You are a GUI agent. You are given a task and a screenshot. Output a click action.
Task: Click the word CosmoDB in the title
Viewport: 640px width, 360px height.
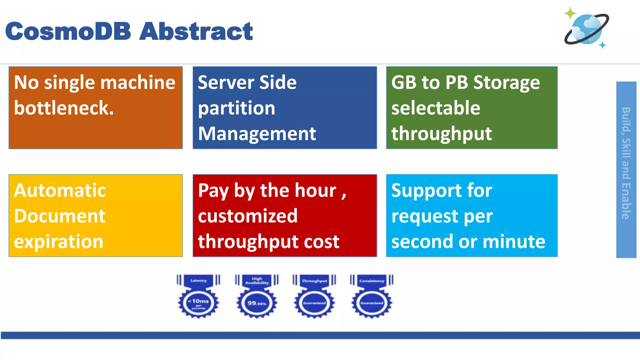tap(68, 31)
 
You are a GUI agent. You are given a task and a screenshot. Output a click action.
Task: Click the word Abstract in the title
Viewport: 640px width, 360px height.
tap(196, 31)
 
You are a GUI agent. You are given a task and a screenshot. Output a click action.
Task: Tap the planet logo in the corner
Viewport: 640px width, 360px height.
tap(587, 29)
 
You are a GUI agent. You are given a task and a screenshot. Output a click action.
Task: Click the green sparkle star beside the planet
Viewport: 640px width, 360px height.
tap(570, 13)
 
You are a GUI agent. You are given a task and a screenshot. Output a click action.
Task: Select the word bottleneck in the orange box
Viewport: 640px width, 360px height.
tap(64, 108)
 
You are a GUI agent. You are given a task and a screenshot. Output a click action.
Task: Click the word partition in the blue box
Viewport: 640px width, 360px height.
tap(237, 108)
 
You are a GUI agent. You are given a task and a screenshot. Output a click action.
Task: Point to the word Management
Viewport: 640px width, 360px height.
tap(257, 134)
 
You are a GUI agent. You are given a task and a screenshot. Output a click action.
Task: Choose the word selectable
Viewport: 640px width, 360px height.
tap(436, 108)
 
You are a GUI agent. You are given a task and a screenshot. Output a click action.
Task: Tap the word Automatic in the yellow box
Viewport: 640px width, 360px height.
tap(60, 191)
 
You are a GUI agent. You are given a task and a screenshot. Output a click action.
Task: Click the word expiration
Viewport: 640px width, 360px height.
tap(59, 242)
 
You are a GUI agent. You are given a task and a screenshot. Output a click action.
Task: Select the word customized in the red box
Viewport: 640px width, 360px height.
tap(247, 216)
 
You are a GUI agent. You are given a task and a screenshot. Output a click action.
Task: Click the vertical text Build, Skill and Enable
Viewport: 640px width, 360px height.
tap(626, 163)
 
